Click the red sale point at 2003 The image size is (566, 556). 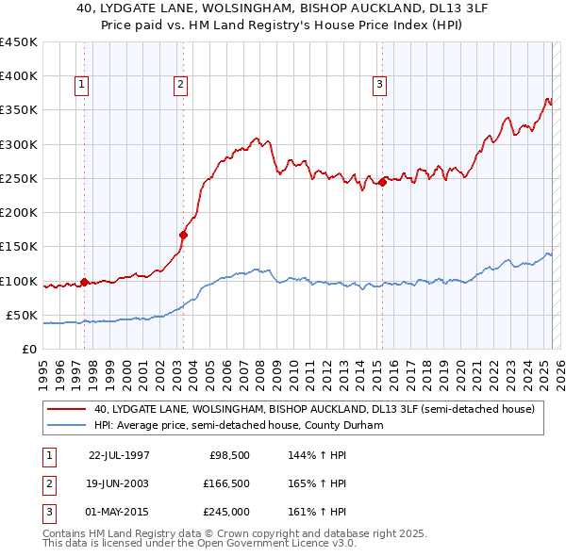[183, 236]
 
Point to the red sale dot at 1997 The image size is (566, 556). [85, 281]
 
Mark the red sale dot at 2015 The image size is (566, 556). [382, 183]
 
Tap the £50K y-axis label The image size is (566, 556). [22, 315]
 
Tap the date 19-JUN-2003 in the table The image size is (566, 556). [119, 483]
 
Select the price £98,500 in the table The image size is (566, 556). [229, 455]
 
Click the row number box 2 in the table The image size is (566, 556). [48, 483]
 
